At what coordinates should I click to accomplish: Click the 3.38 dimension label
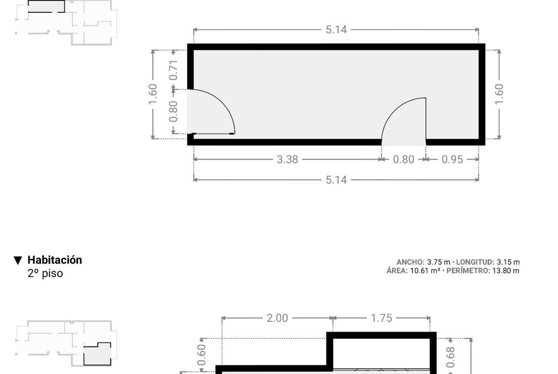tap(287, 159)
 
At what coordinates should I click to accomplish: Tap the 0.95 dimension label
tap(452, 159)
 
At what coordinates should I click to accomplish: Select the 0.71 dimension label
tap(173, 70)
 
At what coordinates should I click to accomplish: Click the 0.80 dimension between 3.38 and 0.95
tap(403, 159)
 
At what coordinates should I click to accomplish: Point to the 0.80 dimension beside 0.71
tap(173, 111)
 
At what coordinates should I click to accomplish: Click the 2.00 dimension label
tap(277, 318)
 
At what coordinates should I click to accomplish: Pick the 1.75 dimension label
tap(382, 318)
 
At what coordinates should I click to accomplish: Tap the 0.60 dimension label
tap(201, 355)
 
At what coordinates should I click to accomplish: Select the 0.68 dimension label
tap(450, 357)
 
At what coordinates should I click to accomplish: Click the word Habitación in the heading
tap(55, 260)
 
